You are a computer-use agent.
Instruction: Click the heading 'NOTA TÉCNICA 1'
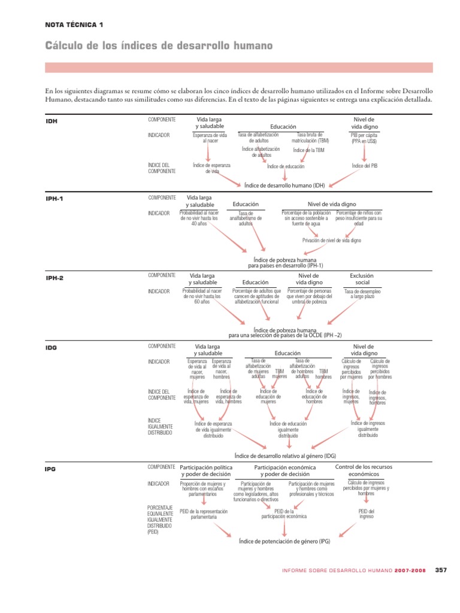74,25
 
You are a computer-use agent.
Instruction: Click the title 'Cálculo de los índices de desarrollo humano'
159,46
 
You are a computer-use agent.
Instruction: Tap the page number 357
441,570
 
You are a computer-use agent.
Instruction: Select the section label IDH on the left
52,121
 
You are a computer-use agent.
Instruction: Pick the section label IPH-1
55,199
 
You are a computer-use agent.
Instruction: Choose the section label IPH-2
55,278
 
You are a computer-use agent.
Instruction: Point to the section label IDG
52,347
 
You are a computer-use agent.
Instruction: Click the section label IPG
51,469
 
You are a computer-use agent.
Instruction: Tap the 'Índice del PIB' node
364,166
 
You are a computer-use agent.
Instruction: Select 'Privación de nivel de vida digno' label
332,240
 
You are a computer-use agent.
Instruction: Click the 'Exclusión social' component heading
362,279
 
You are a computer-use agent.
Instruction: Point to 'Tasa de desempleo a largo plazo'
363,294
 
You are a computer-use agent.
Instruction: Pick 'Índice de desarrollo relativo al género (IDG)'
285,456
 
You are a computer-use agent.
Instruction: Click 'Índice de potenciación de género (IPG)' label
284,541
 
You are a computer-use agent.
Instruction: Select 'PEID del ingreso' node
366,514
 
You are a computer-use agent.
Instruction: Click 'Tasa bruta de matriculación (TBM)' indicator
314,138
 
